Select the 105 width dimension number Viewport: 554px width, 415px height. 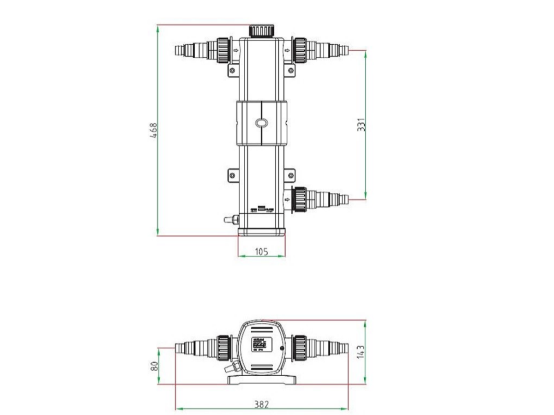click(261, 251)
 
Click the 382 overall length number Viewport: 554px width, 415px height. click(261, 404)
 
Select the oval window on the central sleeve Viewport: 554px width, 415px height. click(261, 123)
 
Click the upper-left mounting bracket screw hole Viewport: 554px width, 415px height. click(233, 70)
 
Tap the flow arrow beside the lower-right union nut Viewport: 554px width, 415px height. click(288, 199)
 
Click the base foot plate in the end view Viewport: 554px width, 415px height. click(261, 379)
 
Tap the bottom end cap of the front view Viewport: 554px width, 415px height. click(261, 230)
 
